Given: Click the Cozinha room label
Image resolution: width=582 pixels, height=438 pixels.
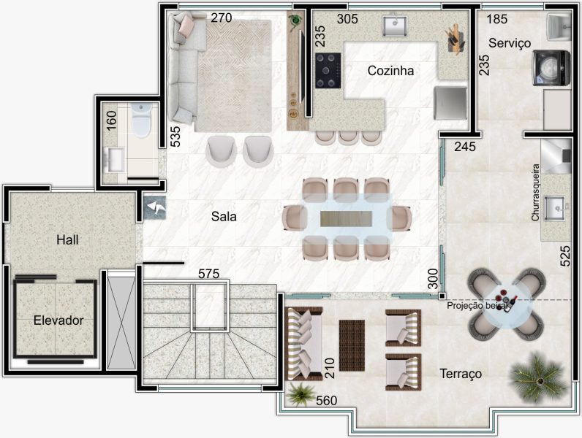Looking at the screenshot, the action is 390,70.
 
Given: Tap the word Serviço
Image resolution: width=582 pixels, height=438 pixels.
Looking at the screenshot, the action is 510,43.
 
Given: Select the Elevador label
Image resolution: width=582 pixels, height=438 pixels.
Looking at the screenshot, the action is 58,320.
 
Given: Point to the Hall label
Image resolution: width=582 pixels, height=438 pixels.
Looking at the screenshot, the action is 67,239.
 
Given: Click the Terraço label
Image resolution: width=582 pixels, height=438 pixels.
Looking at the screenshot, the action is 461,374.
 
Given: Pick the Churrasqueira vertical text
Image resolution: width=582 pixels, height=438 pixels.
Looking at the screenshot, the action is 535,193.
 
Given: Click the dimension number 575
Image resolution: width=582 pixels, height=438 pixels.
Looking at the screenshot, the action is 208,274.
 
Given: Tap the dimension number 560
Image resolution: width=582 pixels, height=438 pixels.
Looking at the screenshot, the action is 327,401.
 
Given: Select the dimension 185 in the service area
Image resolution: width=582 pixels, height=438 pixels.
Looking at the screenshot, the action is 497,18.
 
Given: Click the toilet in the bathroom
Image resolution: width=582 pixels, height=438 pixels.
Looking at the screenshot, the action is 141,118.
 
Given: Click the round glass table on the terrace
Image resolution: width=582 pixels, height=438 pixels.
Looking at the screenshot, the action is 507,304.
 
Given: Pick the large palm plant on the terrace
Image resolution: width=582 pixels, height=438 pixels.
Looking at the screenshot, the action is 538,377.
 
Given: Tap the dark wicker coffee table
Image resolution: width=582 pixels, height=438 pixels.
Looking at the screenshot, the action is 352,346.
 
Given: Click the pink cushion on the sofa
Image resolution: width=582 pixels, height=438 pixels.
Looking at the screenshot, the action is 186,27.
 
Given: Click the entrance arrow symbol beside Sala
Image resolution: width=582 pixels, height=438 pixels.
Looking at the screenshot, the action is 155,208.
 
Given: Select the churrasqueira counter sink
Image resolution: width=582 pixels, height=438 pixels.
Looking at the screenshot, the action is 555,208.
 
